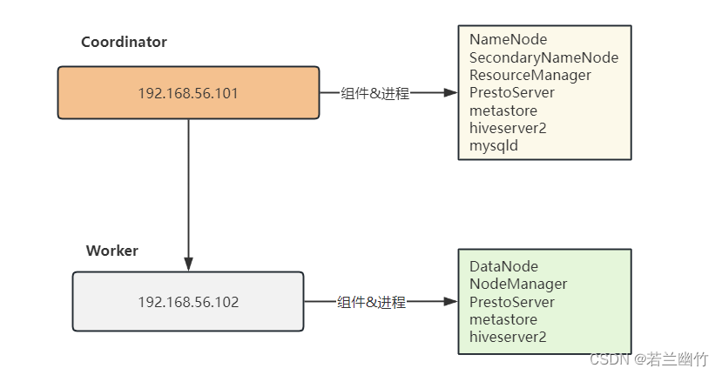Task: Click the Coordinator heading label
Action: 124,42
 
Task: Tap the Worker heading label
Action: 111,251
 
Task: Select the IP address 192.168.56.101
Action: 188,92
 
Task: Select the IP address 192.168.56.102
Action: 188,302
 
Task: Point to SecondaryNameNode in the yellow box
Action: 543,57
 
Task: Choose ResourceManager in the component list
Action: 530,75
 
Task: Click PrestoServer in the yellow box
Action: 511,93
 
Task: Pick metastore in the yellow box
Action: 503,110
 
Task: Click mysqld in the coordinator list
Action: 493,146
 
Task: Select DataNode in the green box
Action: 503,266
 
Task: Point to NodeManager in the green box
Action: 518,284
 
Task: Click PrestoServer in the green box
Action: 511,302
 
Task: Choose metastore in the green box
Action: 503,319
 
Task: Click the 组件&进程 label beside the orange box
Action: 374,93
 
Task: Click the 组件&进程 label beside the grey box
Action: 371,302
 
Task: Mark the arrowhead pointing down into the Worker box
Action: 188,264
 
